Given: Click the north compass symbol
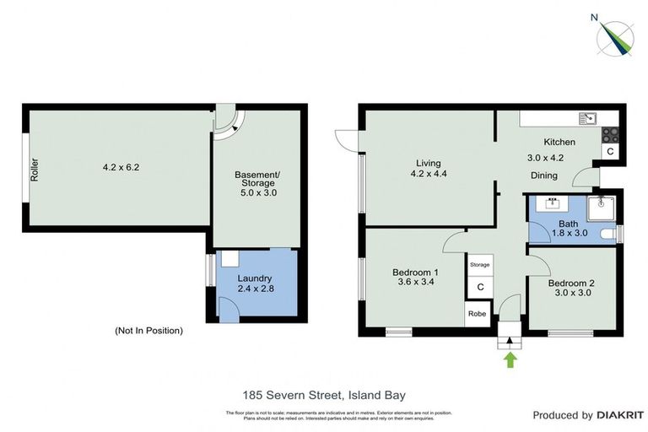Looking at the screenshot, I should (x=617, y=36).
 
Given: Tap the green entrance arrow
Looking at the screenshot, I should (x=509, y=360).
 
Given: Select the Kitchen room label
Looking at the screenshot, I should (x=559, y=142).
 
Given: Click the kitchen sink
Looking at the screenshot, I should (x=586, y=118).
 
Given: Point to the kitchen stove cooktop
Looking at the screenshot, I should (x=609, y=133).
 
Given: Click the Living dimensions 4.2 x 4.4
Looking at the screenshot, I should (x=428, y=175).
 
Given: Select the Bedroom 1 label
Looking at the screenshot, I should (x=415, y=272).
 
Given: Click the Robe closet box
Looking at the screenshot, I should (x=478, y=313).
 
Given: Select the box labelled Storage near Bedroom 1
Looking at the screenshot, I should (x=479, y=265).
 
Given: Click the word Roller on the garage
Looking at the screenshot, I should (x=35, y=169).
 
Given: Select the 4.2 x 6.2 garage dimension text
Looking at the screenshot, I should (x=120, y=167).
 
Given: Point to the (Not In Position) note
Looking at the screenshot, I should (x=148, y=330).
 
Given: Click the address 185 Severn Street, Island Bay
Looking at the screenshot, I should (x=324, y=394).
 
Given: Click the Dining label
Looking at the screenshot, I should (x=543, y=175).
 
